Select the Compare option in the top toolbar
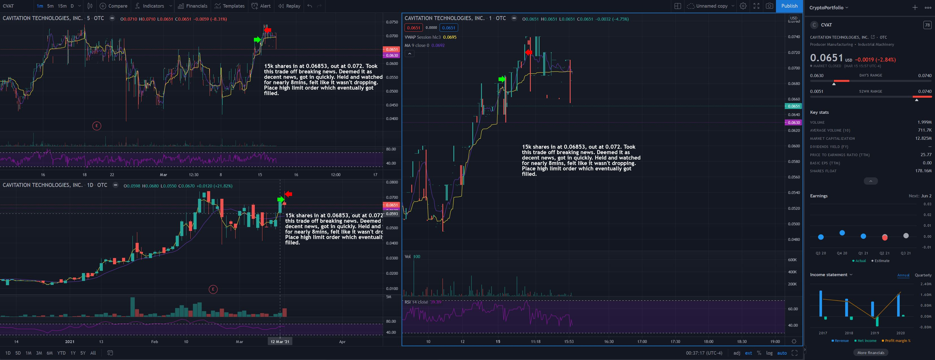(113, 6)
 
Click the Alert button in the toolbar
(261, 6)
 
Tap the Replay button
(289, 6)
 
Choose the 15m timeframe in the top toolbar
(62, 6)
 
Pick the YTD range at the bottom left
(61, 353)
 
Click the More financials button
(870, 352)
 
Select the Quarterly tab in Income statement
(923, 275)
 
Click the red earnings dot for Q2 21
(884, 237)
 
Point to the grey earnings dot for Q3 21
(906, 235)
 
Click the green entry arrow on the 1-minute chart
(502, 79)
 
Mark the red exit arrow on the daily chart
(289, 194)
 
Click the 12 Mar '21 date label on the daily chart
(280, 341)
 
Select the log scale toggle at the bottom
(769, 353)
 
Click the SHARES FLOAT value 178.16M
(923, 171)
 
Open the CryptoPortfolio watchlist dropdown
(829, 8)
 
